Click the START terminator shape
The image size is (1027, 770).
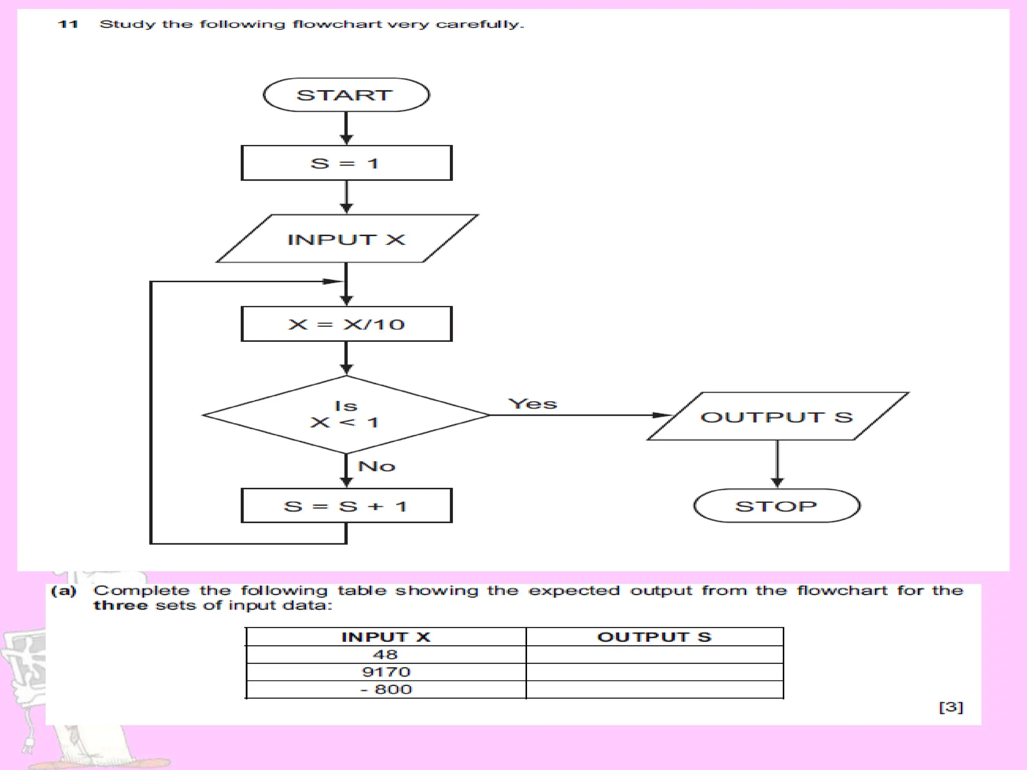point(346,95)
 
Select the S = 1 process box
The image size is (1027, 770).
point(346,163)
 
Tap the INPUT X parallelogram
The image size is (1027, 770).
point(346,239)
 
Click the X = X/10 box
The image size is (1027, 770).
point(346,324)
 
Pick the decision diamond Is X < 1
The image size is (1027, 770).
point(346,415)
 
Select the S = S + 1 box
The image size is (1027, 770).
point(346,506)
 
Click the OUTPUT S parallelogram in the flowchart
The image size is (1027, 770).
point(777,417)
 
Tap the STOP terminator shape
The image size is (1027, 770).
point(777,506)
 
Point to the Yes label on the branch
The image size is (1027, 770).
point(532,404)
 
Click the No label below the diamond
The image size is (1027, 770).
point(377,466)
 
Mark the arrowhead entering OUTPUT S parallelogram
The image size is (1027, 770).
point(662,415)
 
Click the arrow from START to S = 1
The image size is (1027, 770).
point(346,128)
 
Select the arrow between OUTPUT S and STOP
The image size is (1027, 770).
point(777,464)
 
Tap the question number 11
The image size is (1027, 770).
point(68,24)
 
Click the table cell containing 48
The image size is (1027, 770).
point(385,655)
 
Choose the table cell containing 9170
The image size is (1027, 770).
point(386,672)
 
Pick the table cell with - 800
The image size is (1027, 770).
point(386,689)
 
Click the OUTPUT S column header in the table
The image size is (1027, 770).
point(654,637)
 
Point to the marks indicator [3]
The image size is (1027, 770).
point(951,707)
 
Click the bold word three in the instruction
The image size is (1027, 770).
point(120,606)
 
